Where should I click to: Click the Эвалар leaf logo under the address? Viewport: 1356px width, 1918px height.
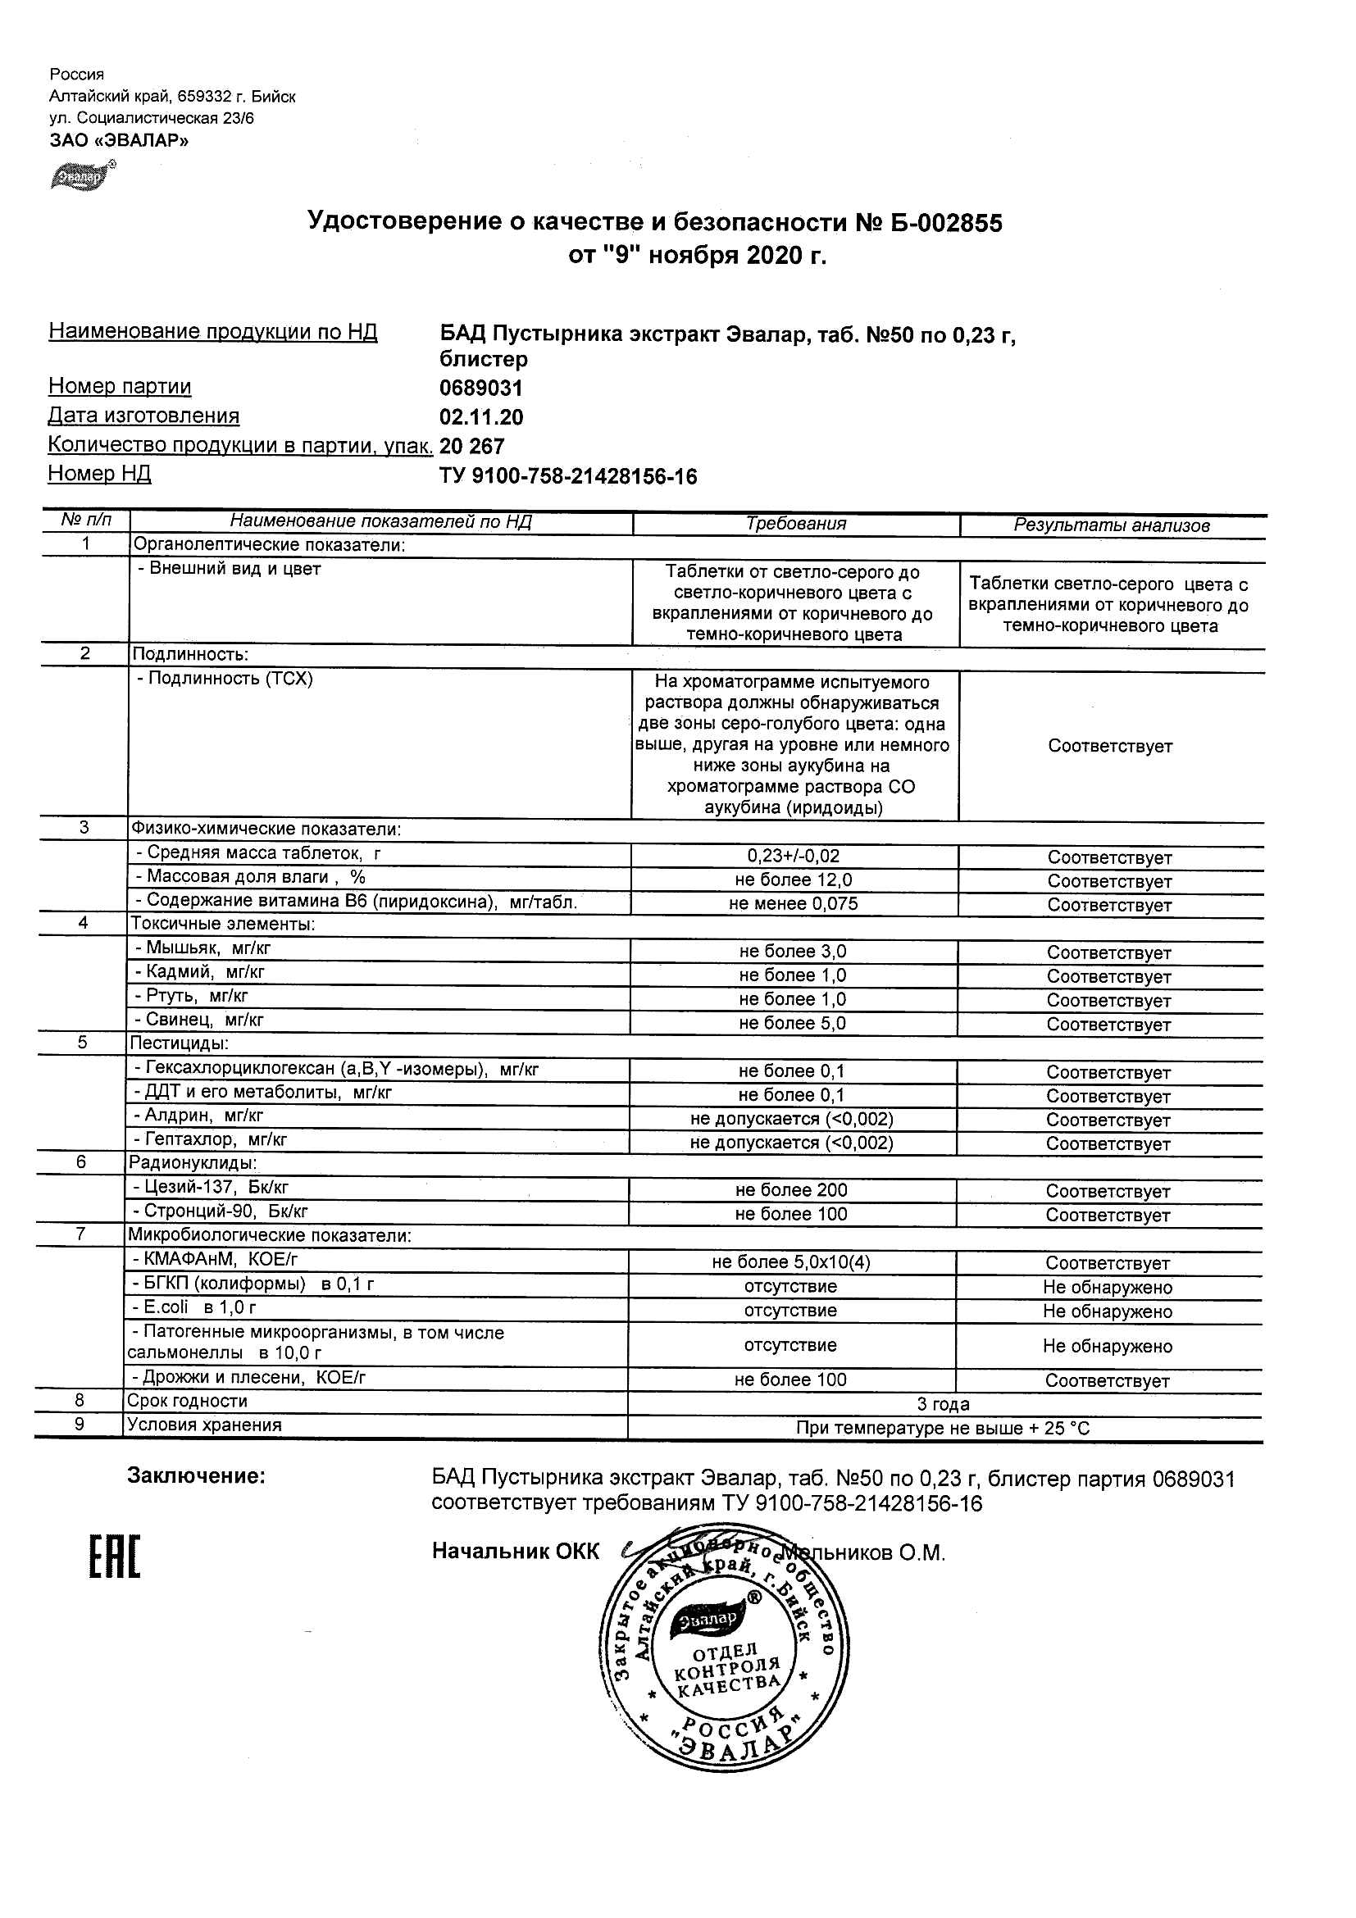coord(82,175)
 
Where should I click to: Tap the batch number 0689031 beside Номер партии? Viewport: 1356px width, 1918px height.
coord(480,389)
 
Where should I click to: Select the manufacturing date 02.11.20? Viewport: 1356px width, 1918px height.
coord(481,417)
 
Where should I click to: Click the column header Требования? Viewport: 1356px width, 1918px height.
coord(795,524)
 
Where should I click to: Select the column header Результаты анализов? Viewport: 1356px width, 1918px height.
coord(1111,525)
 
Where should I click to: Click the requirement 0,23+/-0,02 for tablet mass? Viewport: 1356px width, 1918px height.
coord(793,857)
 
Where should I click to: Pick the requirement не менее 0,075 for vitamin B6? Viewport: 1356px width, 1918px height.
coord(793,904)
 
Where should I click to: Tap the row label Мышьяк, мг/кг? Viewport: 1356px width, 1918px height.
coord(202,948)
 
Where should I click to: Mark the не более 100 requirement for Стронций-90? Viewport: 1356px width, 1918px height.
coord(790,1215)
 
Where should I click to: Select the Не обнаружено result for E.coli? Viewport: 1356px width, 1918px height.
coord(1107,1311)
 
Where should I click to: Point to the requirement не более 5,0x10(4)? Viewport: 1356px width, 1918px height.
coord(790,1263)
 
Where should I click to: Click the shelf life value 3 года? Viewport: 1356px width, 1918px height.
coord(944,1404)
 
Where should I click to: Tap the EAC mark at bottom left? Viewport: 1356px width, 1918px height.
coord(115,1558)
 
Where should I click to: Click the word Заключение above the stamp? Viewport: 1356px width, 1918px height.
coord(195,1476)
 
